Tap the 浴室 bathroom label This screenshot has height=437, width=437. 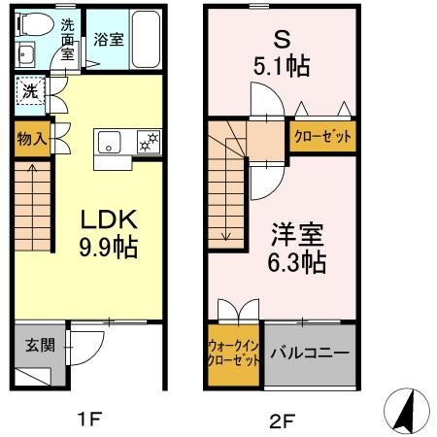(x=109, y=41)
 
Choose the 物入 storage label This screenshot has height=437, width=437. (x=31, y=139)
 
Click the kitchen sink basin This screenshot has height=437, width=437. (x=109, y=142)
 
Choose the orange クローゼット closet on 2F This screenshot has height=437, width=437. (x=322, y=136)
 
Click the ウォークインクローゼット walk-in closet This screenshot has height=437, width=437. (x=234, y=353)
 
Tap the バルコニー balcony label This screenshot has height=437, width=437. (x=309, y=353)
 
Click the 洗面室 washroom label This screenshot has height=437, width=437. (x=66, y=39)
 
